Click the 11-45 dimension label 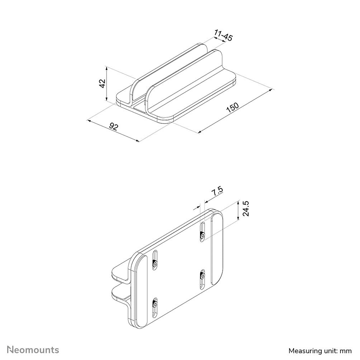(x=223, y=36)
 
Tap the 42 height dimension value (x=102, y=84)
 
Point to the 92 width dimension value (x=114, y=127)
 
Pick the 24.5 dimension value (x=246, y=208)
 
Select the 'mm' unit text (x=347, y=350)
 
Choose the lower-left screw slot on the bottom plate (x=155, y=307)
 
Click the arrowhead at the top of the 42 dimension (x=106, y=68)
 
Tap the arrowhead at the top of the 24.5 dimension (x=238, y=203)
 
